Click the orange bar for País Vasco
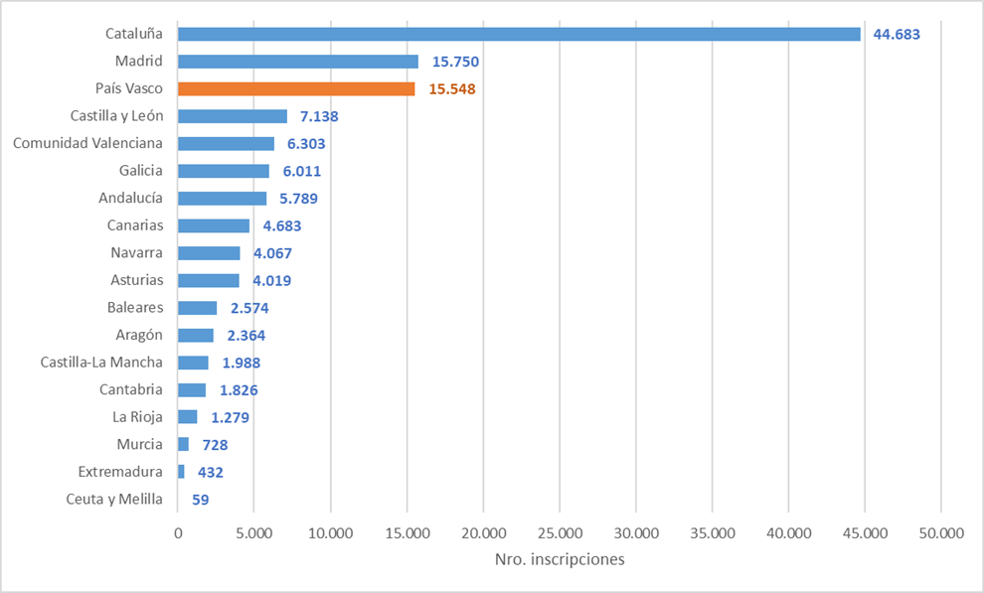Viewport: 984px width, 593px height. pyautogui.click(x=296, y=88)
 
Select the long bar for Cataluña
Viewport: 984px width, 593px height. pyautogui.click(x=519, y=34)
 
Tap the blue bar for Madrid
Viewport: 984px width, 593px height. pyautogui.click(x=298, y=62)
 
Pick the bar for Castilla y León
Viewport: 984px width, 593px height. pyautogui.click(x=233, y=116)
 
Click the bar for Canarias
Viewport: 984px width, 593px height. pyautogui.click(x=214, y=225)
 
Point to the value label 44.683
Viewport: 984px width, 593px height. pyautogui.click(x=897, y=34)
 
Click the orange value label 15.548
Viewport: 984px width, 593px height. pyautogui.click(x=452, y=88)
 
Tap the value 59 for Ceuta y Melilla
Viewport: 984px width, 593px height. pyautogui.click(x=200, y=500)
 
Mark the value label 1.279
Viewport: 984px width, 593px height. pyautogui.click(x=230, y=417)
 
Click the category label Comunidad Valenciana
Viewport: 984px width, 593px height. pyautogui.click(x=87, y=143)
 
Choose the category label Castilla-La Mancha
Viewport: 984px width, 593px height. pyautogui.click(x=101, y=363)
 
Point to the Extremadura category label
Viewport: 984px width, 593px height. pyautogui.click(x=120, y=472)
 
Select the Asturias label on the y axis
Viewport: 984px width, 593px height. pyautogui.click(x=137, y=280)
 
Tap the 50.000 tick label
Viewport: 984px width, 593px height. pyautogui.click(x=941, y=533)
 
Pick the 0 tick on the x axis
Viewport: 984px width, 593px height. pyautogui.click(x=178, y=533)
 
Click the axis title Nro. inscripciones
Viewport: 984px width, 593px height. pyautogui.click(x=560, y=559)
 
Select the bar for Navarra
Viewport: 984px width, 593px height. pyautogui.click(x=209, y=253)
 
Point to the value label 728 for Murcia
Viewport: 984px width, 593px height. pyautogui.click(x=217, y=445)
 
